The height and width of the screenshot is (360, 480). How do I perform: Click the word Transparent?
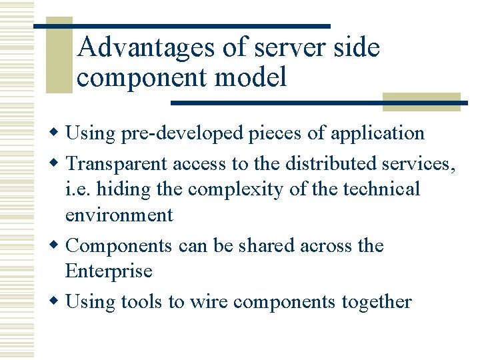(x=117, y=163)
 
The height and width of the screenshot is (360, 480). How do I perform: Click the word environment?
(x=119, y=215)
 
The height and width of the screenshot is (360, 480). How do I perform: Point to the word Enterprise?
(x=109, y=271)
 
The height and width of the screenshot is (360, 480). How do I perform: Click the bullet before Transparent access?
(x=59, y=164)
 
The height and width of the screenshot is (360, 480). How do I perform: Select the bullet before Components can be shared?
(x=59, y=246)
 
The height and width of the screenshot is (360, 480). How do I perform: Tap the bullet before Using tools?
(x=59, y=303)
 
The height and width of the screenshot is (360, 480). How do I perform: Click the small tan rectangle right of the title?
(x=421, y=101)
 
